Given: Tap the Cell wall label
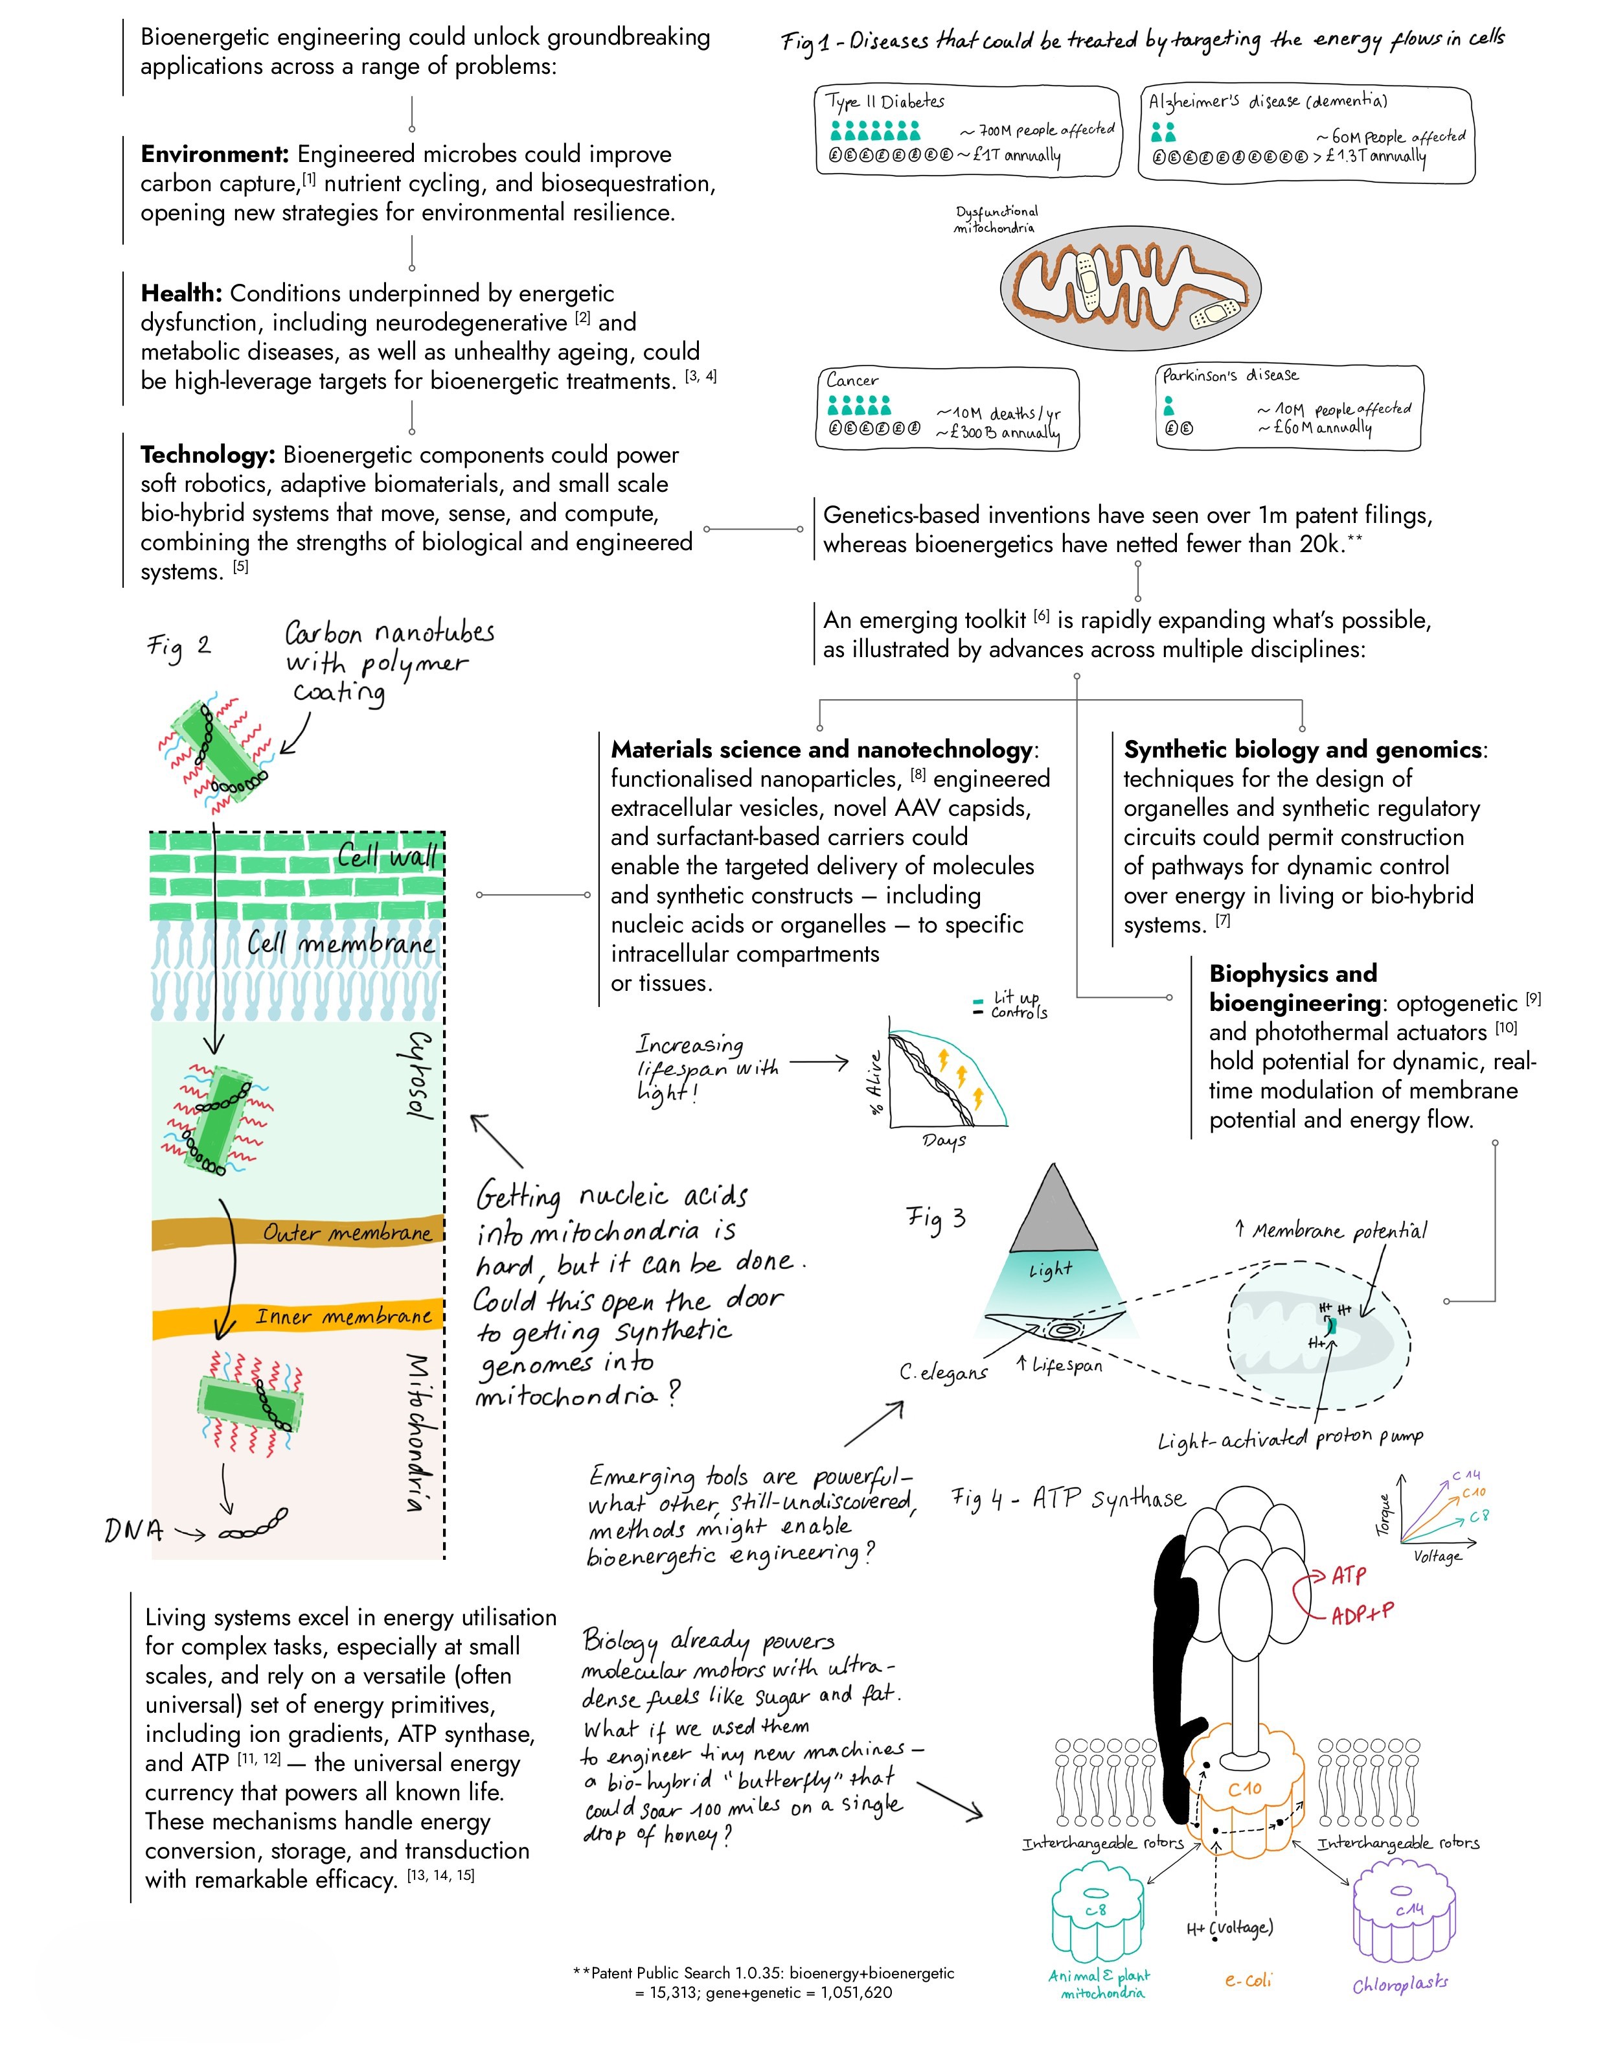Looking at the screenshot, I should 387,857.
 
